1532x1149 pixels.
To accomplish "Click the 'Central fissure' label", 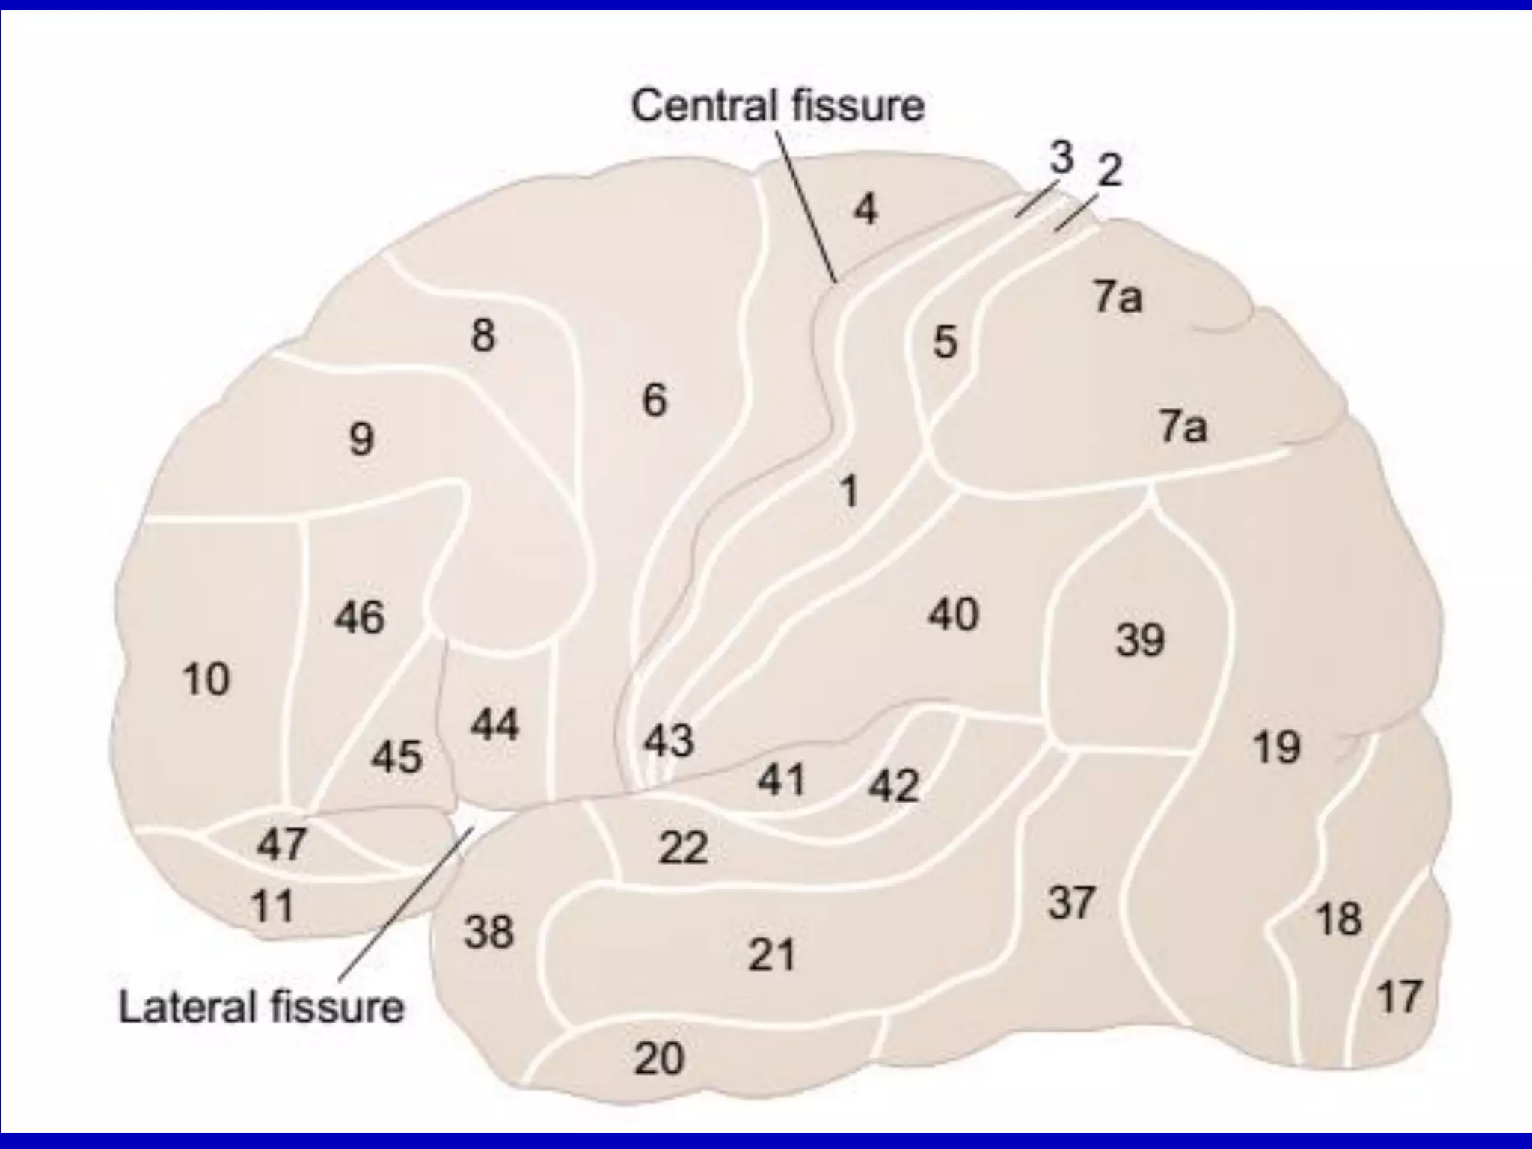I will (x=777, y=105).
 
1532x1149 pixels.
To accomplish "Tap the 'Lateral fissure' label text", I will (x=261, y=1007).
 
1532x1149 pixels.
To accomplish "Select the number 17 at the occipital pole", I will (x=1398, y=997).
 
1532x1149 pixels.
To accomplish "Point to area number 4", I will (x=865, y=210).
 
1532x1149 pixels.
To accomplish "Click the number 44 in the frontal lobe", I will (x=494, y=724).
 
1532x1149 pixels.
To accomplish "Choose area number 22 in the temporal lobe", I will (x=683, y=848).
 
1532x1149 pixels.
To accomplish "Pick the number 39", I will (x=1140, y=640).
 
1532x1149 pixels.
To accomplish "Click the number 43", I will (x=669, y=741).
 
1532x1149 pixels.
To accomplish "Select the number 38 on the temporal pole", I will (x=488, y=932).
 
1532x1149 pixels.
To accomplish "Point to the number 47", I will (x=281, y=845).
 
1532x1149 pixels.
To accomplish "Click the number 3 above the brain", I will (x=1061, y=158).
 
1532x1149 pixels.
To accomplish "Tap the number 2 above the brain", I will (x=1109, y=171).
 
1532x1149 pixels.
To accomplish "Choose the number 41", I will (x=781, y=780).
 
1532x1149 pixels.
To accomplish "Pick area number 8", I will (x=482, y=334).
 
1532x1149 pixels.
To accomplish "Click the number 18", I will (x=1338, y=919).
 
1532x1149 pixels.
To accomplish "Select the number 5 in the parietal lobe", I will (x=945, y=342).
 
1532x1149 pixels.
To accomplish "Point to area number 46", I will (x=359, y=617).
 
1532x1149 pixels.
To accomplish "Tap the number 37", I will (x=1071, y=902).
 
